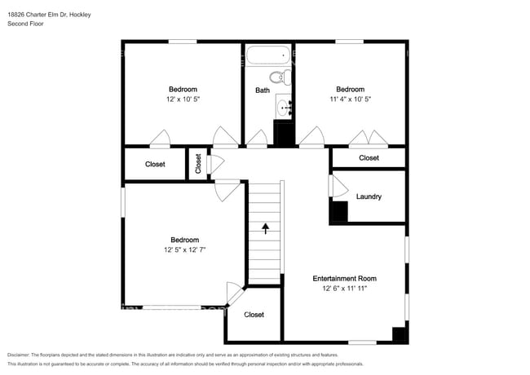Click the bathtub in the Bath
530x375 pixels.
point(268,55)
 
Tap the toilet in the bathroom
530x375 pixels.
point(280,77)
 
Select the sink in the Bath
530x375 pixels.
point(284,107)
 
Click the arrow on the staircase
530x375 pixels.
point(265,228)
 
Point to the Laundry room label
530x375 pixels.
point(369,196)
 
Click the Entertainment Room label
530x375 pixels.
point(344,278)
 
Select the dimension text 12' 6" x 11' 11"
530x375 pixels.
point(344,288)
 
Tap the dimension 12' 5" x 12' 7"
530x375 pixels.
point(184,249)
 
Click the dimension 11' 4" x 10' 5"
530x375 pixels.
point(350,99)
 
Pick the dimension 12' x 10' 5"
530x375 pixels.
point(183,99)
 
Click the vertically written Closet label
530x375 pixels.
point(198,164)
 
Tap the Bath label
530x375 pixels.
point(263,90)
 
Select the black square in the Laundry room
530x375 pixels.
point(340,211)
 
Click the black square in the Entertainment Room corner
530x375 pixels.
point(399,334)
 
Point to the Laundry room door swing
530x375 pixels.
point(339,186)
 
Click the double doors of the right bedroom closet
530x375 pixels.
point(369,139)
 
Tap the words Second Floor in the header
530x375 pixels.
point(26,24)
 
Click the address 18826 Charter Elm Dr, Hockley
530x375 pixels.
point(50,15)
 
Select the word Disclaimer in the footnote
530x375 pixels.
point(19,355)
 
